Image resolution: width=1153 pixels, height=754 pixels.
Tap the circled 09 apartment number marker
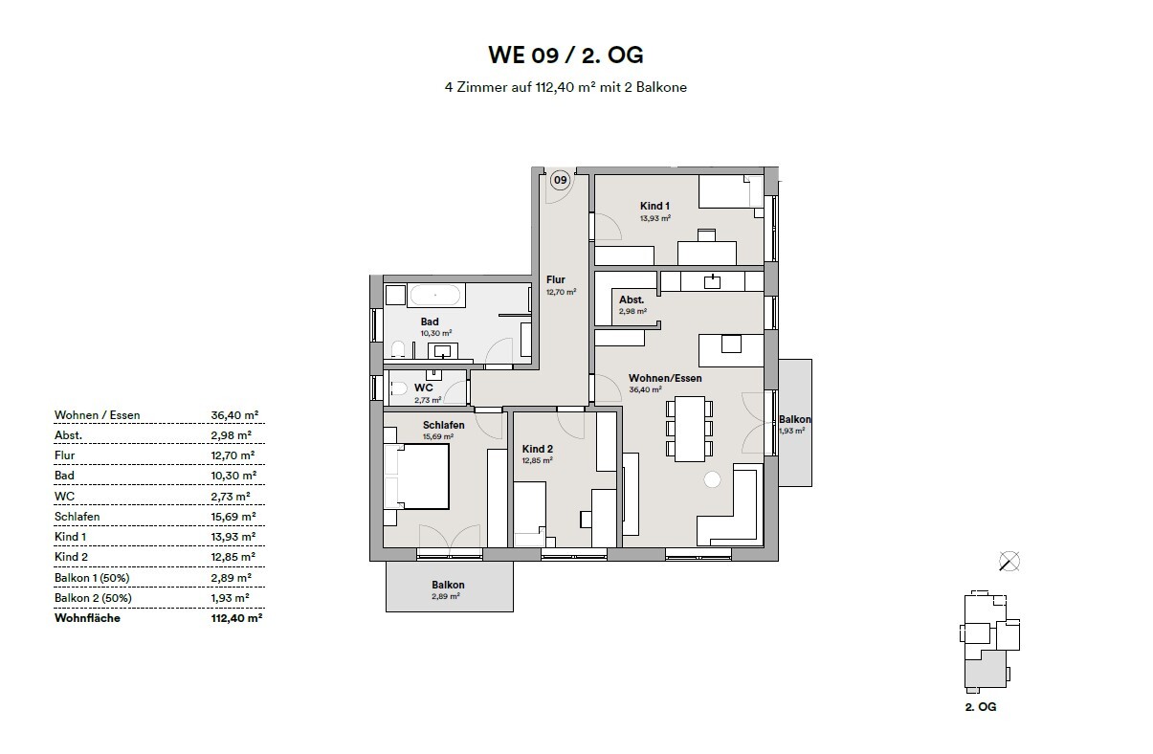(x=560, y=180)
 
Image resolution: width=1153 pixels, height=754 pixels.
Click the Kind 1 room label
(x=654, y=206)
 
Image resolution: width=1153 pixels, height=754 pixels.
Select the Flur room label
(x=556, y=280)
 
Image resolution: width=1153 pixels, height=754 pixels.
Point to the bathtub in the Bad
(x=424, y=294)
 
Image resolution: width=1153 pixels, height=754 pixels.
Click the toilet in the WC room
(x=397, y=389)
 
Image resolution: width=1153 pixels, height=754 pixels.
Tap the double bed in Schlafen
(x=417, y=477)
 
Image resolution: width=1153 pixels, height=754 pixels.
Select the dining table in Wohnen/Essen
(x=690, y=428)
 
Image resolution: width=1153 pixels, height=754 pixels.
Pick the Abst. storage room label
(x=631, y=299)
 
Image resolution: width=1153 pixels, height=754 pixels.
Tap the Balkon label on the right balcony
(x=794, y=419)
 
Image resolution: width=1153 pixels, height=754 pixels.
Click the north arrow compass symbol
(x=1008, y=562)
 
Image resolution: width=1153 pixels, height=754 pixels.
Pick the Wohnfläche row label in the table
(x=88, y=618)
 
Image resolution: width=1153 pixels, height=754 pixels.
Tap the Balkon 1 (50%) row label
(x=93, y=578)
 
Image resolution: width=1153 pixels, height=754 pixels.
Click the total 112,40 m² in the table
(x=232, y=618)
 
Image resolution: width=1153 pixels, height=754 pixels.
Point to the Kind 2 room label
(x=537, y=449)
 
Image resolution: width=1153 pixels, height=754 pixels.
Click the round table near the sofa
(x=712, y=479)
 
